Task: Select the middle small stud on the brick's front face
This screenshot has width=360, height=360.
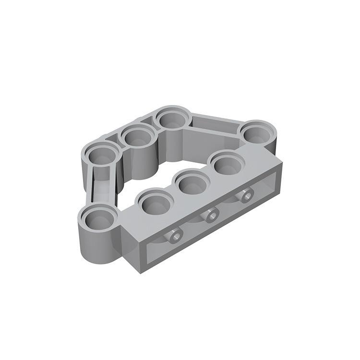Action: pos(210,216)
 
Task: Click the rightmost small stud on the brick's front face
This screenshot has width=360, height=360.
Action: pos(246,195)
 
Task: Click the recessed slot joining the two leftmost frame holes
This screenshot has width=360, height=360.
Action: pos(102,185)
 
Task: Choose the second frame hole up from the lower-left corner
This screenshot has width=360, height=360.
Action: pos(103,156)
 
